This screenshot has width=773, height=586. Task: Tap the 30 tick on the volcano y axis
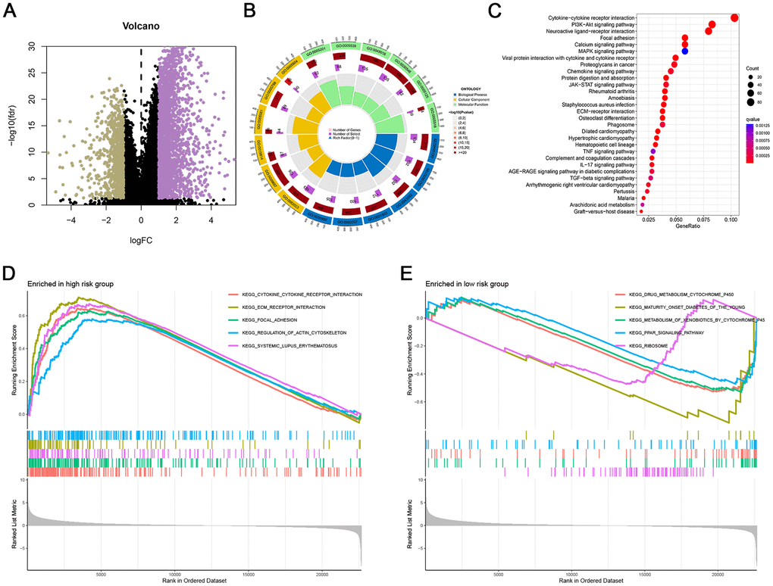coord(33,45)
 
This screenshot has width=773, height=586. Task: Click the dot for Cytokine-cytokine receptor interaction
coord(734,17)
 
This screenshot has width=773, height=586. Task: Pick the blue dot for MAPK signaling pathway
coord(684,51)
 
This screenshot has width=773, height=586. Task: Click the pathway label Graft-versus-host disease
coord(598,211)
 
